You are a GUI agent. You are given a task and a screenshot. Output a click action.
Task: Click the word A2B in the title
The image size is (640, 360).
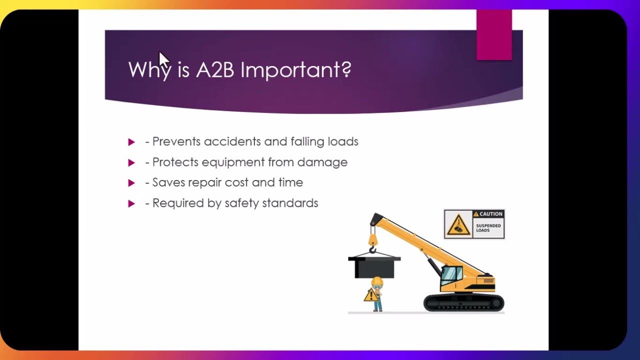214,70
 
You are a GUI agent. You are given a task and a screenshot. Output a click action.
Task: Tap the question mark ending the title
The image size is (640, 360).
346,69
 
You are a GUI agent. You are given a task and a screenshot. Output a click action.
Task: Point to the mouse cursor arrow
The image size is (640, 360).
164,58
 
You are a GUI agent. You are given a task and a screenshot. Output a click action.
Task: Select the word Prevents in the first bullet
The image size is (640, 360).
176,141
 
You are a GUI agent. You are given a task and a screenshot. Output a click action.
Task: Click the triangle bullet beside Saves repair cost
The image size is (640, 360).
131,183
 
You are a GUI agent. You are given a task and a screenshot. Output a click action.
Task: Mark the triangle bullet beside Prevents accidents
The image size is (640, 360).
131,142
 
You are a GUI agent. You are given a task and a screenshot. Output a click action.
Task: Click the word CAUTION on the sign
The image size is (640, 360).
490,214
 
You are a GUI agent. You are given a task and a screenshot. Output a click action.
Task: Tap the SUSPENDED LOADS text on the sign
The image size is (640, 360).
488,228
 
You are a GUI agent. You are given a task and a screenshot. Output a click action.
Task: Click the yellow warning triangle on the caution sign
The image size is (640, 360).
458,225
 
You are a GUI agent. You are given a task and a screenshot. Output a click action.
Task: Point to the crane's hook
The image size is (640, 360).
372,248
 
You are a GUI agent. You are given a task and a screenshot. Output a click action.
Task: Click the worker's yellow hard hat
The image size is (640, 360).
377,281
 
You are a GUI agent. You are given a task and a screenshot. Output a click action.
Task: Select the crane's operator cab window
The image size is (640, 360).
451,274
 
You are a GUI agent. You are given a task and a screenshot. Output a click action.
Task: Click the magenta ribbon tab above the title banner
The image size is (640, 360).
494,35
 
